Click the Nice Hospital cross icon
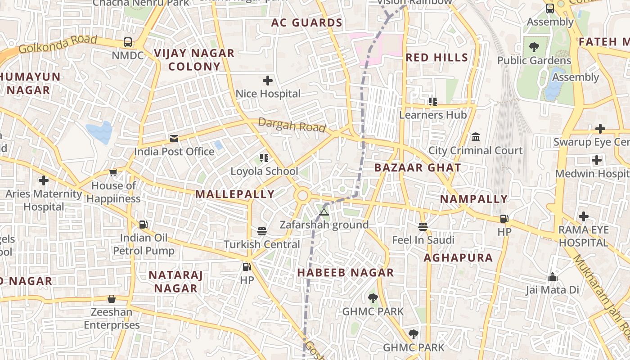tap(268, 81)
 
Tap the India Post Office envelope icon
tap(174, 138)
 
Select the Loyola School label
tap(264, 171)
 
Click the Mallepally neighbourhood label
tap(234, 194)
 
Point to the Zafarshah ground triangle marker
tap(324, 211)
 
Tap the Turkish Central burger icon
tap(262, 231)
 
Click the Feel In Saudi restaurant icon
tap(423, 226)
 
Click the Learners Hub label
tap(433, 115)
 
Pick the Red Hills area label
tap(436, 58)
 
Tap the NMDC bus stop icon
tap(128, 42)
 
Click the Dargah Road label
tap(292, 126)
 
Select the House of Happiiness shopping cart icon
tap(113, 172)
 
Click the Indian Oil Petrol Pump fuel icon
tap(143, 224)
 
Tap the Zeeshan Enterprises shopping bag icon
tap(111, 299)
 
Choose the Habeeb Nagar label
tap(345, 273)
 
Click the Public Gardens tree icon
tap(534, 46)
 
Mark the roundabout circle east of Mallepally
tap(303, 196)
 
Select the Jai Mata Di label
tap(552, 290)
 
